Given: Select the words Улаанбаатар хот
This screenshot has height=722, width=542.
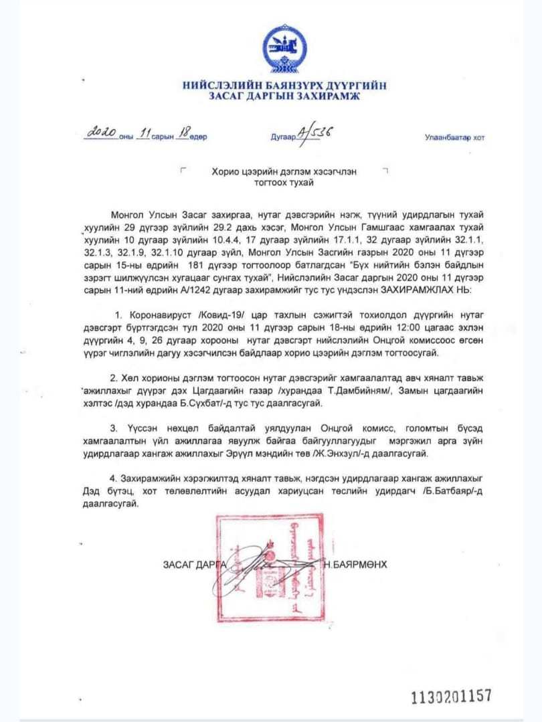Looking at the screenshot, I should point(454,138).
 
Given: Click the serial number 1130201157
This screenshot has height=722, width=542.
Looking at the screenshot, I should point(451,696).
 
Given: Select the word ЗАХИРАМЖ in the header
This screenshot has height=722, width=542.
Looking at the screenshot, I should point(327,98).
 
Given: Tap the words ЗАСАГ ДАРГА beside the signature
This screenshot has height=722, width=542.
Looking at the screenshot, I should point(195,564).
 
